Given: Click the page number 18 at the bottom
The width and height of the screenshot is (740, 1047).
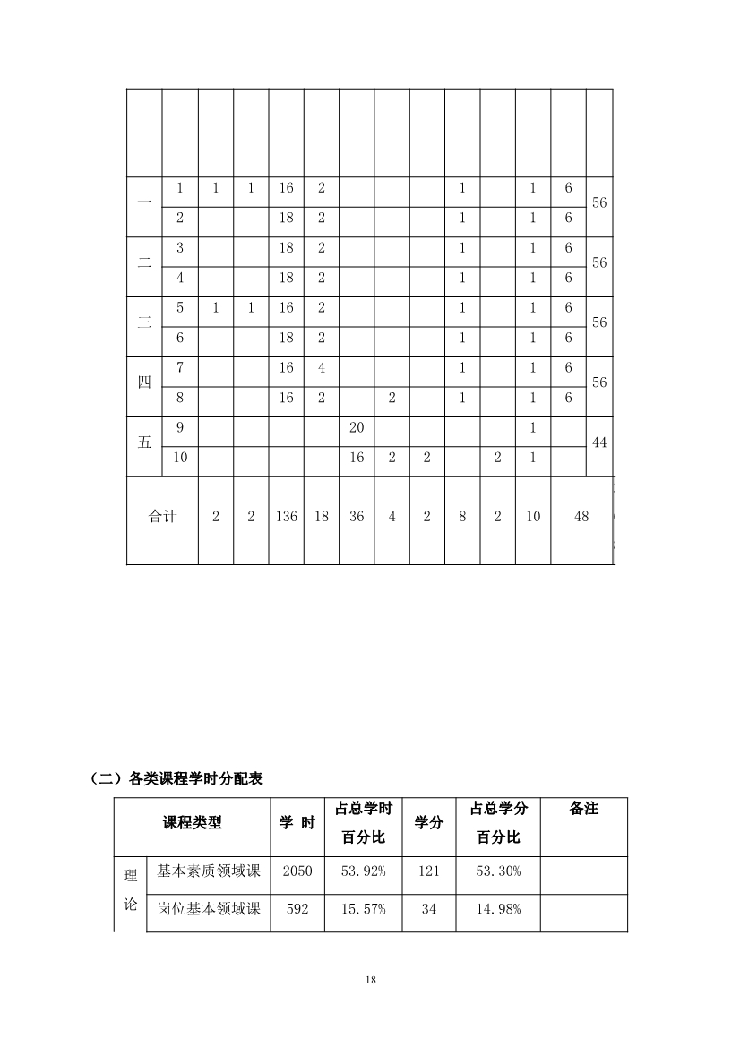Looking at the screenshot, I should pyautogui.click(x=370, y=980).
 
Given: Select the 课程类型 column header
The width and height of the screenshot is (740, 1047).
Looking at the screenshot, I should pyautogui.click(x=192, y=823).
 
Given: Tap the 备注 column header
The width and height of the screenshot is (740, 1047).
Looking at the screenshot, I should pyautogui.click(x=584, y=809).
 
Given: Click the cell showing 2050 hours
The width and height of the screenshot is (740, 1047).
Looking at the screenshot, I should pyautogui.click(x=297, y=871).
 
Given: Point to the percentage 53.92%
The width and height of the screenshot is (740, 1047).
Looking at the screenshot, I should pyautogui.click(x=364, y=871).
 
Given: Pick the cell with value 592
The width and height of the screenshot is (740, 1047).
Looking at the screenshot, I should pyautogui.click(x=297, y=909).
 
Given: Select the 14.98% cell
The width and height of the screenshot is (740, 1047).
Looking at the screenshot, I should pyautogui.click(x=499, y=909).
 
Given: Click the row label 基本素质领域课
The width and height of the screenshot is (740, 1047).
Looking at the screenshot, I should pyautogui.click(x=208, y=871).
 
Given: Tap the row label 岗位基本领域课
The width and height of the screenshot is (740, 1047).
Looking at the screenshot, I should pyautogui.click(x=208, y=909).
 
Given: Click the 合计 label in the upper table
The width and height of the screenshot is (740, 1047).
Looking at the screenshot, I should pyautogui.click(x=162, y=517).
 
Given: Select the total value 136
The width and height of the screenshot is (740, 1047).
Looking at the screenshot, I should pyautogui.click(x=287, y=517).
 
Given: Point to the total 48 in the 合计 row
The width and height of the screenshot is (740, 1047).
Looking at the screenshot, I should pyautogui.click(x=581, y=517).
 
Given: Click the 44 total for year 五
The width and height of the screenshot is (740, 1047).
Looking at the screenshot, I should pyautogui.click(x=599, y=442).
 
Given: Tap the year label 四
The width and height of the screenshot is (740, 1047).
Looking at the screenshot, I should pyautogui.click(x=144, y=382).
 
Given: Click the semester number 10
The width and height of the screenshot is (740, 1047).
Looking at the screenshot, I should pyautogui.click(x=180, y=458).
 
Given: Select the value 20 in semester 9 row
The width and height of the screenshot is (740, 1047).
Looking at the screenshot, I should pyautogui.click(x=357, y=428).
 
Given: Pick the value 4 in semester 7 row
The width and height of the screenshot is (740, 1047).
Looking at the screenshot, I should pyautogui.click(x=322, y=368).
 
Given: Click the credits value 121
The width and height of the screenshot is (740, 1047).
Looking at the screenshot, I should pyautogui.click(x=429, y=871).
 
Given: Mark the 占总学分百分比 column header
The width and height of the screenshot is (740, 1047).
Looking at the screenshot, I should pyautogui.click(x=499, y=823).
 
